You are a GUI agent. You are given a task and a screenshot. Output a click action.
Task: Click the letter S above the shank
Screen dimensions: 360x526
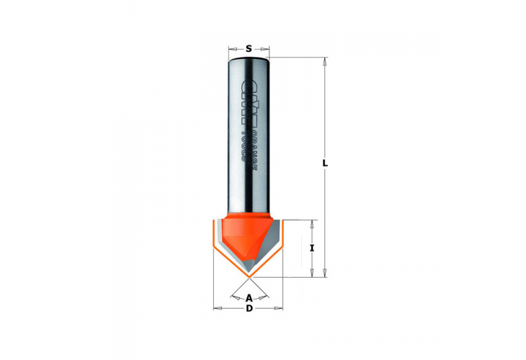[249, 49]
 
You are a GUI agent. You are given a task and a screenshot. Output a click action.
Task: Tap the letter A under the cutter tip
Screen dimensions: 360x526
[249, 297]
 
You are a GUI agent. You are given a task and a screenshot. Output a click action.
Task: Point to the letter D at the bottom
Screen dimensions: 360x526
[249, 309]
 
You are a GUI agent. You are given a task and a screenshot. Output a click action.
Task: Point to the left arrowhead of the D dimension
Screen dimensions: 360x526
[217, 309]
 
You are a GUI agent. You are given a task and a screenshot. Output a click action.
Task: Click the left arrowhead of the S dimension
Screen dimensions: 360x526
[231, 49]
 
